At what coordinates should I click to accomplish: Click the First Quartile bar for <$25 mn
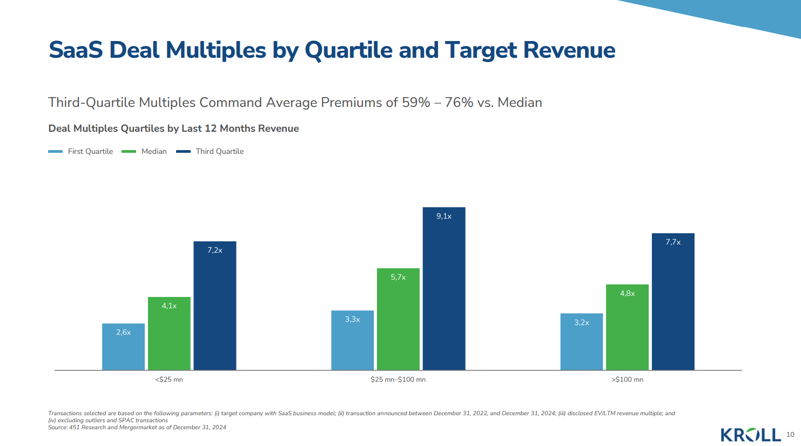[x=123, y=347]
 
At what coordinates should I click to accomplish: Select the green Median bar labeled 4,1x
[x=169, y=334]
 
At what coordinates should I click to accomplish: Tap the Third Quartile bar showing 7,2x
[x=215, y=306]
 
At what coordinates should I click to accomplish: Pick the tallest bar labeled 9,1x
[x=444, y=289]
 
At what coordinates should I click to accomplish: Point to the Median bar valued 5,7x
[x=398, y=319]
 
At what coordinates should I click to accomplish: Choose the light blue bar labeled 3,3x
[x=352, y=340]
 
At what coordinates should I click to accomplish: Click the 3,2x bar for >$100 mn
[x=582, y=342]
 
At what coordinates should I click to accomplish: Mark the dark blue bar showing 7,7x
[x=673, y=302]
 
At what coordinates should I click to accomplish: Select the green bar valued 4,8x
[x=627, y=327]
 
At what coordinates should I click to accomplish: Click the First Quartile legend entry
[x=81, y=152]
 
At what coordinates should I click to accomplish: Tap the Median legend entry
[x=145, y=152]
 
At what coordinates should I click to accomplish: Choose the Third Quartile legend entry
[x=210, y=152]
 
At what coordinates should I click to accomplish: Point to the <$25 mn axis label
[x=169, y=380]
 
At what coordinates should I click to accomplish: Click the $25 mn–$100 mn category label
[x=398, y=380]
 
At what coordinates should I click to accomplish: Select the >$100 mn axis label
[x=627, y=380]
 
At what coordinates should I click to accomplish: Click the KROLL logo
[x=751, y=435]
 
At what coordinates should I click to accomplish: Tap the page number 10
[x=790, y=435]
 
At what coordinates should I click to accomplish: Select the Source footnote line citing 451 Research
[x=137, y=427]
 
